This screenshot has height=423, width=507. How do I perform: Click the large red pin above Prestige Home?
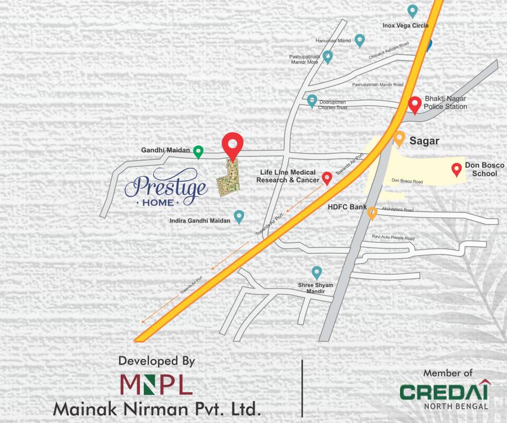click(233, 145)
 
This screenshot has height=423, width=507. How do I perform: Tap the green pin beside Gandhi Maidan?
click(198, 151)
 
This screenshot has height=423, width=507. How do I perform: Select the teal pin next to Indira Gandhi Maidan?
click(239, 216)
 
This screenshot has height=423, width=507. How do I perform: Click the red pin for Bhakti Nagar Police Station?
click(415, 104)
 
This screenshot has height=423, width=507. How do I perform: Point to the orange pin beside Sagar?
click(399, 138)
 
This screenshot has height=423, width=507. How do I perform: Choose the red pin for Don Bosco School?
click(456, 170)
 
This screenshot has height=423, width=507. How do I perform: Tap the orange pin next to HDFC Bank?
click(372, 213)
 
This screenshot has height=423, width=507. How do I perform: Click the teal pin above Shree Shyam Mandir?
click(316, 272)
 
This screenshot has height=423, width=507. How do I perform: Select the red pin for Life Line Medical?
click(326, 177)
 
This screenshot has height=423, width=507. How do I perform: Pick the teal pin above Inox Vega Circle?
click(412, 10)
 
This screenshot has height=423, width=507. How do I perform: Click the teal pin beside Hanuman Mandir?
click(360, 40)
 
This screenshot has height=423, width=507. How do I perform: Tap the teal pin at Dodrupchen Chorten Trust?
click(312, 101)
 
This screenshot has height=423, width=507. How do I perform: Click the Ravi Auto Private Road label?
click(393, 237)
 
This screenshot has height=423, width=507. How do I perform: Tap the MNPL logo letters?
click(156, 384)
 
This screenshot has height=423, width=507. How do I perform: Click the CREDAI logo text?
click(444, 392)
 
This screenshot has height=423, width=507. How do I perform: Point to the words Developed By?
click(157, 361)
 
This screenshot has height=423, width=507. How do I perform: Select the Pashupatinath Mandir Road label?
click(377, 85)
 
